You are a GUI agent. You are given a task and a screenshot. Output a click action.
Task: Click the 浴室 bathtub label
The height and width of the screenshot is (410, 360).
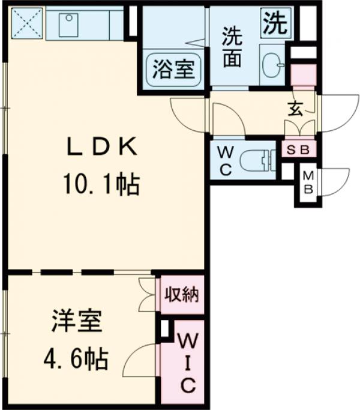pyautogui.click(x=173, y=70)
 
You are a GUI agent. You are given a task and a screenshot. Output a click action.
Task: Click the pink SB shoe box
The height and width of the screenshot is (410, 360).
pyautogui.click(x=297, y=149)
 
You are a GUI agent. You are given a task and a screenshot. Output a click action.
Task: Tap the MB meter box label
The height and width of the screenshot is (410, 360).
pyautogui.click(x=308, y=183)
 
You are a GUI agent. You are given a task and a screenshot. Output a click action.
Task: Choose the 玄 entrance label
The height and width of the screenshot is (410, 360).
pyautogui.click(x=296, y=109)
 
